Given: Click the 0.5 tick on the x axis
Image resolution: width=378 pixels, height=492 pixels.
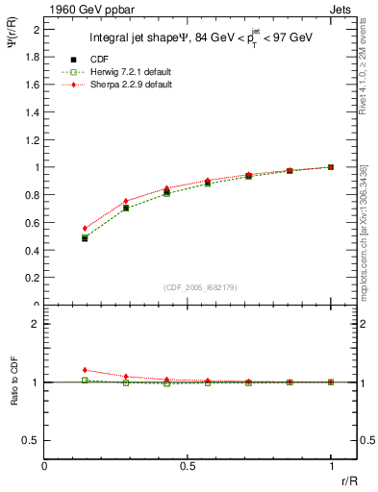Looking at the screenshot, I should coord(188,466).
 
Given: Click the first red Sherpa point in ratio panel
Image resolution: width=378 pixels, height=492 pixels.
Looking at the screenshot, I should coord(85,370).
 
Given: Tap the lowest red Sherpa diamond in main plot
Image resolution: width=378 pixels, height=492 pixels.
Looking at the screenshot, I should coord(85,229).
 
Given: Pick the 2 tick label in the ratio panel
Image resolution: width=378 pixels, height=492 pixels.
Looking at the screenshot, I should coord(36,325).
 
